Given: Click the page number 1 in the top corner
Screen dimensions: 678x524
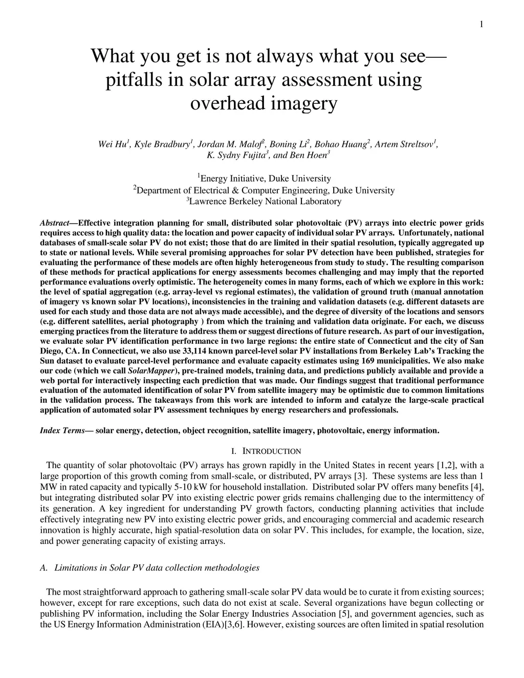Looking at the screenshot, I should [482, 25].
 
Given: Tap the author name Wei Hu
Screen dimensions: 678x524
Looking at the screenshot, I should [113, 145].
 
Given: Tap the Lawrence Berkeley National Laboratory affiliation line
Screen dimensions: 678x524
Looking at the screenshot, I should [265, 202].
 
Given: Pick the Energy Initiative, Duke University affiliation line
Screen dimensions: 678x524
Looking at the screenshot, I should [265, 179].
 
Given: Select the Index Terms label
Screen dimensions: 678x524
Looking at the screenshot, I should [62, 430].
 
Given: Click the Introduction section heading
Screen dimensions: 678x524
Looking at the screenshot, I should [266, 451].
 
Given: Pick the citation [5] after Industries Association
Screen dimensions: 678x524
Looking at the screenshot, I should [345, 614].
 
